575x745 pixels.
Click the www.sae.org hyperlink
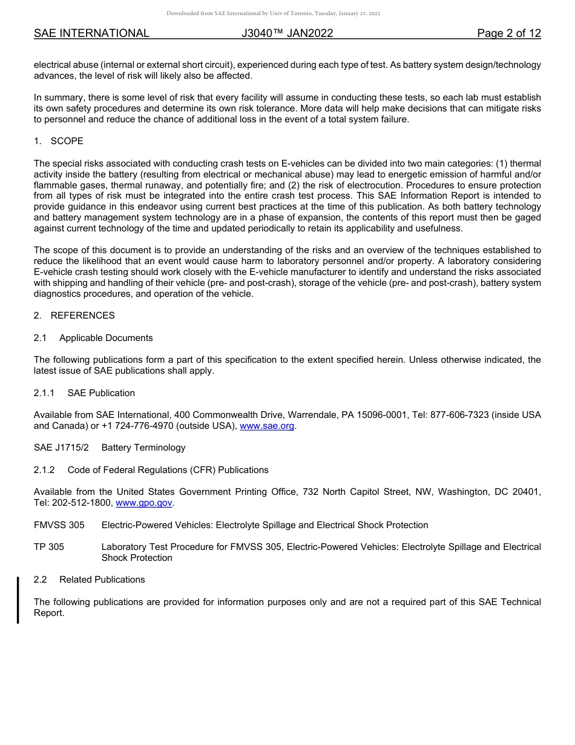[x=268, y=426]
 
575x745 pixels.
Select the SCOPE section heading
[x=67, y=141]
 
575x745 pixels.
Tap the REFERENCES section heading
[x=82, y=316]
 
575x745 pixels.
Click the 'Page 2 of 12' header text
[x=508, y=33]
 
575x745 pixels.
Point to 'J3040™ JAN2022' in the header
[x=287, y=33]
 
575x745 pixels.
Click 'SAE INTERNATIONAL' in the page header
[x=91, y=33]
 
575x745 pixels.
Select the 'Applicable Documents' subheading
[x=106, y=338]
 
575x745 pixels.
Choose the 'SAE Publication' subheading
[x=101, y=393]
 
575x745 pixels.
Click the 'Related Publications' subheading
[x=102, y=580]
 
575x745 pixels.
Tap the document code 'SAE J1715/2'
[x=59, y=448]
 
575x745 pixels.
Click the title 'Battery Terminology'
[x=143, y=448]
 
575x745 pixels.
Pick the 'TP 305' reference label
[x=49, y=547]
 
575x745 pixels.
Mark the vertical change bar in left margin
[x=18, y=600]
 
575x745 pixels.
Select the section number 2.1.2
[x=44, y=470]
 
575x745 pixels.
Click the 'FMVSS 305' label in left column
[x=59, y=525]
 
